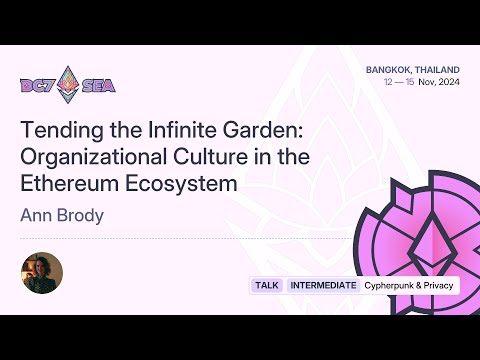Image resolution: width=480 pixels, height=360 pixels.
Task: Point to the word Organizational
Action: pos(92,157)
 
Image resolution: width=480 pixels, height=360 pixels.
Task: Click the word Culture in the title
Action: pos(208,157)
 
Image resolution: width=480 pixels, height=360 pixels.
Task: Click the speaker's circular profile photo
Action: pos(42,273)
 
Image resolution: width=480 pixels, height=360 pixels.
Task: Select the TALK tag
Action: pos(267,285)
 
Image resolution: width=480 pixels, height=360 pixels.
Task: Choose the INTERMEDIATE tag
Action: pos(323,285)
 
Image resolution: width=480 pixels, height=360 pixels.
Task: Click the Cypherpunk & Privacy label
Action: pos(408,285)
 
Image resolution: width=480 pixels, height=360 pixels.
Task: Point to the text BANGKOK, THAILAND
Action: pos(412,69)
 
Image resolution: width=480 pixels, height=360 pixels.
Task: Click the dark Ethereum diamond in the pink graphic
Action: pos(434,238)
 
